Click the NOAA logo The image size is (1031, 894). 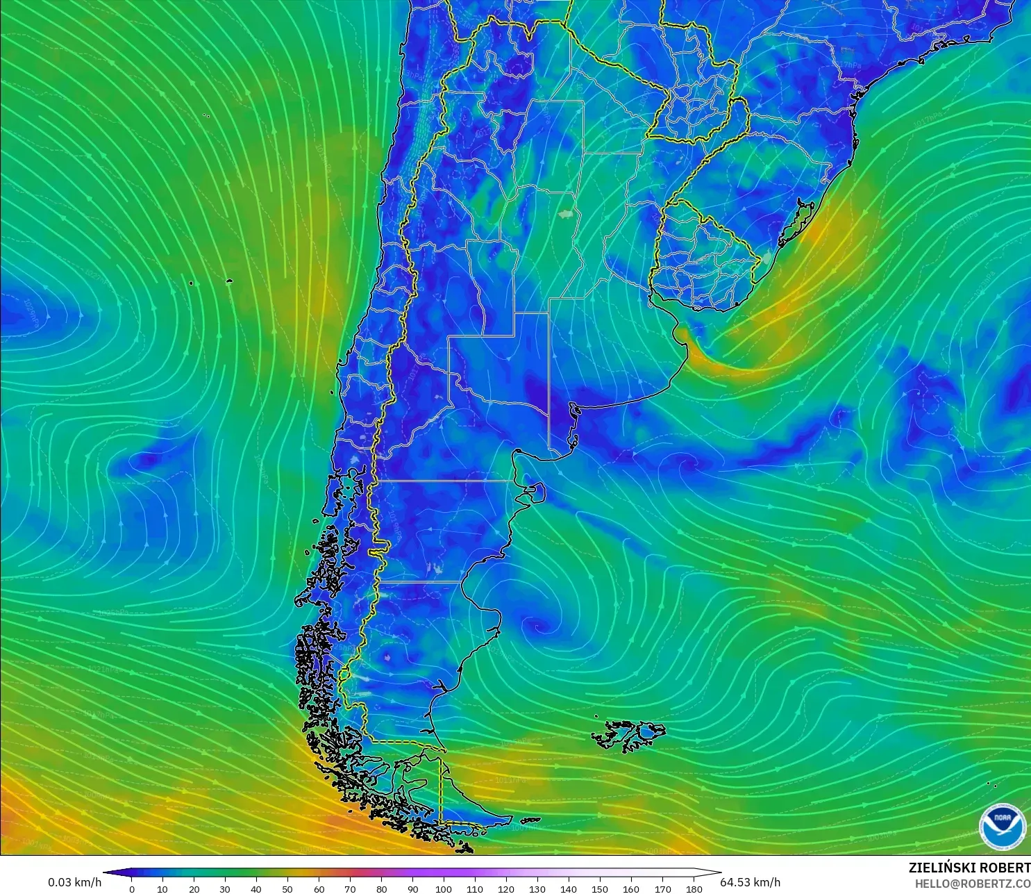point(1002,827)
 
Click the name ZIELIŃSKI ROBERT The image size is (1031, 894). point(969,868)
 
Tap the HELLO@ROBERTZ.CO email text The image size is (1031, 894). point(972,884)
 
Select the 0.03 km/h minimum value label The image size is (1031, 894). point(74,882)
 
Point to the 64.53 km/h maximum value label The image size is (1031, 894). point(750,882)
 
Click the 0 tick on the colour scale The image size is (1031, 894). point(132,888)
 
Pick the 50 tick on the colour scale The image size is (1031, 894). point(287,888)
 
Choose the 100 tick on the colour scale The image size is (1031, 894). point(444,888)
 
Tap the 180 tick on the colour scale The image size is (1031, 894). point(694,888)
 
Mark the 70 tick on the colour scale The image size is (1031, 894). point(350,888)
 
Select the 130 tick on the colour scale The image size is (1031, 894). point(537,888)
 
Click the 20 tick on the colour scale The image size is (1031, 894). point(194,888)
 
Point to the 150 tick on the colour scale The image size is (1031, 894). point(600,888)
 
